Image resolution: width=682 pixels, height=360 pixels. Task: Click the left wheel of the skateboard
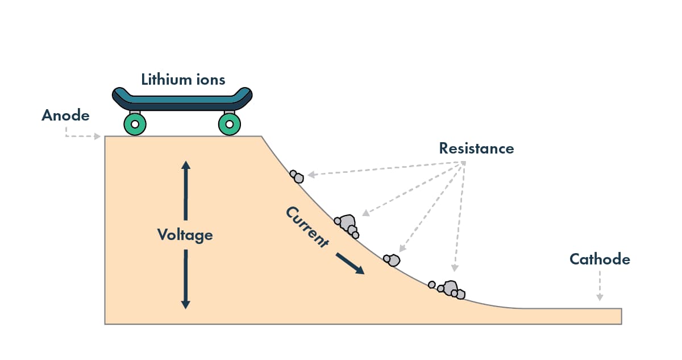click(x=135, y=124)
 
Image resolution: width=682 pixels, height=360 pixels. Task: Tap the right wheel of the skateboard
click(x=229, y=124)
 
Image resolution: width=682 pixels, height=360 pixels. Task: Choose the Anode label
click(x=65, y=115)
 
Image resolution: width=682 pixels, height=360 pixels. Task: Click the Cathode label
click(x=600, y=259)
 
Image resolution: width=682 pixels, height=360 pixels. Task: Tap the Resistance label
click(x=476, y=148)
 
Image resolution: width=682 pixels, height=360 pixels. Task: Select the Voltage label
click(x=185, y=234)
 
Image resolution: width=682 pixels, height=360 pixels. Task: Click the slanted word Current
click(x=307, y=227)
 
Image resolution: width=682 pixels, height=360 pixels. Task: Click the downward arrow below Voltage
click(x=185, y=279)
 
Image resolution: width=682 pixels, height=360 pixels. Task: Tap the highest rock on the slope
click(x=297, y=176)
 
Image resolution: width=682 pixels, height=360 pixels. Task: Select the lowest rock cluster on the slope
click(x=448, y=289)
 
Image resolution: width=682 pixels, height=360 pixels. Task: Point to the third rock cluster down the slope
click(x=392, y=260)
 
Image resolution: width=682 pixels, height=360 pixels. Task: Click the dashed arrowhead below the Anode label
click(x=98, y=136)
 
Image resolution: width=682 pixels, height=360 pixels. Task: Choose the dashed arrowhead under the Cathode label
click(x=599, y=297)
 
